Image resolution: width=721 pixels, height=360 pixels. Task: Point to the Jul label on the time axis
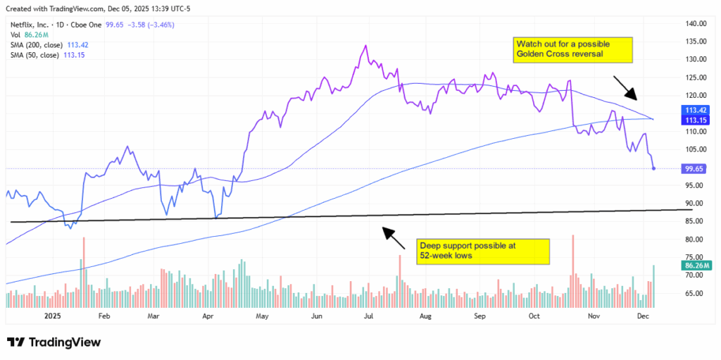click(x=368, y=317)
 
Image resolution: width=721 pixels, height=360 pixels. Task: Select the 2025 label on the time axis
click(x=54, y=317)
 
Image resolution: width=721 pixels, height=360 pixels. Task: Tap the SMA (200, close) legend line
click(x=49, y=44)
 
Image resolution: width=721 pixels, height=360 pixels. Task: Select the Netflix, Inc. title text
click(x=32, y=25)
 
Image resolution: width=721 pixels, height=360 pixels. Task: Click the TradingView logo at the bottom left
click(x=54, y=342)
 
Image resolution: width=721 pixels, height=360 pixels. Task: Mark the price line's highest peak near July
click(x=365, y=46)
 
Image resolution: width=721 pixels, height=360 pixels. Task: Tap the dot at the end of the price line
click(x=655, y=168)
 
